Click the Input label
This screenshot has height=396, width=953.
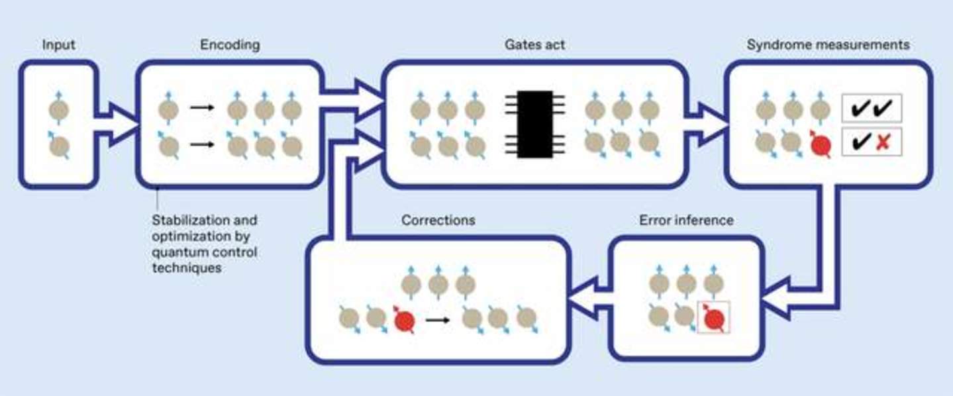(x=59, y=45)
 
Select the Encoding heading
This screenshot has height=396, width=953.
(x=229, y=45)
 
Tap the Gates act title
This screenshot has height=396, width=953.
(x=534, y=45)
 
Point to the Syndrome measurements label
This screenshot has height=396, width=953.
(x=828, y=45)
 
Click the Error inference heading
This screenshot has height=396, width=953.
(x=686, y=220)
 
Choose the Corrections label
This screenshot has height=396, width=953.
(x=438, y=220)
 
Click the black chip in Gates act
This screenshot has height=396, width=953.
(x=534, y=124)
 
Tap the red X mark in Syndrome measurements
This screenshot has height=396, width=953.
(x=882, y=142)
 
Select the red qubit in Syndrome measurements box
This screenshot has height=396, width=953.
(x=821, y=143)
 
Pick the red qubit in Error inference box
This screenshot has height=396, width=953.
(x=713, y=319)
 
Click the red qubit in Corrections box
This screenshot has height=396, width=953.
(x=403, y=320)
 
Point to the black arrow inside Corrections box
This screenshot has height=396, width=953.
(x=437, y=320)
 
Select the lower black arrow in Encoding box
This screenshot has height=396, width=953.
(x=202, y=144)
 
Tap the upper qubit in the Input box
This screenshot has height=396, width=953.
(x=59, y=109)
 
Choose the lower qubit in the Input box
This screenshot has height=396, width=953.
(x=59, y=145)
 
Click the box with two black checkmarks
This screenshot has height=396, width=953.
(x=872, y=108)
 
